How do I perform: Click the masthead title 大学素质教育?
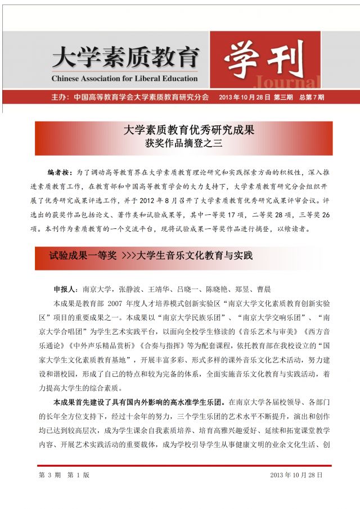[125, 57]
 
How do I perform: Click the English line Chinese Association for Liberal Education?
[124, 78]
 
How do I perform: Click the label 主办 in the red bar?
[58, 97]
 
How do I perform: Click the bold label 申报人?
[66, 289]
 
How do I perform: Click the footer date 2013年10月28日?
[296, 475]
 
